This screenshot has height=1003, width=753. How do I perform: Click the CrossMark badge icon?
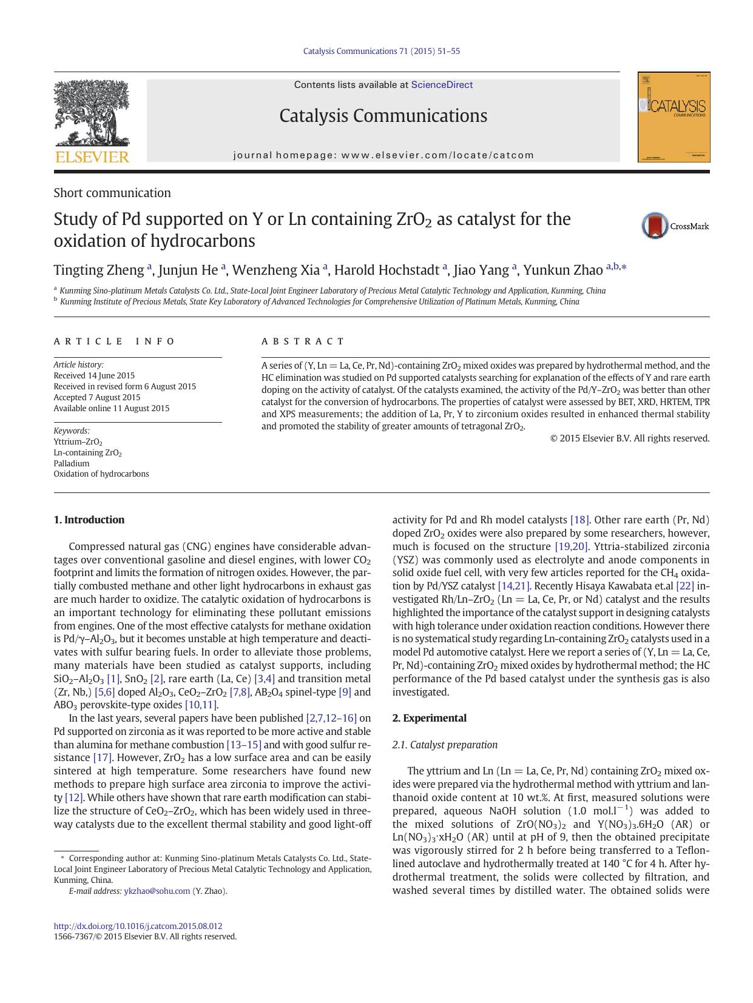[x=655, y=226]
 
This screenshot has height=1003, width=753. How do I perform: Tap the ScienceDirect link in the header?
[x=442, y=85]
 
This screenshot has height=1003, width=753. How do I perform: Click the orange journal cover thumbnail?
[x=674, y=117]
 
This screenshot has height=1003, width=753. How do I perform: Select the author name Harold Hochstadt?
[x=387, y=270]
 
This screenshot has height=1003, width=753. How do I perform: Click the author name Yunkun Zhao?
[x=563, y=270]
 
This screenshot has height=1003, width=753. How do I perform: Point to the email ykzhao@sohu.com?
[x=157, y=891]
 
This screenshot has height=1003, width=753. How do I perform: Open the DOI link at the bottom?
[x=138, y=926]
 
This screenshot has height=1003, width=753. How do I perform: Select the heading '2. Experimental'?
[x=429, y=718]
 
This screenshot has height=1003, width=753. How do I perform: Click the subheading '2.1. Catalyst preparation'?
[x=445, y=745]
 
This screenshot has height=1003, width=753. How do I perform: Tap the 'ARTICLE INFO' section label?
[x=114, y=341]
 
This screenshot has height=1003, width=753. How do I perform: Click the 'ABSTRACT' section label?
[x=303, y=341]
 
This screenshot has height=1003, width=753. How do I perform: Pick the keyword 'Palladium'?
[x=72, y=463]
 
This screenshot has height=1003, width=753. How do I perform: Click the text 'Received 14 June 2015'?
[x=94, y=375]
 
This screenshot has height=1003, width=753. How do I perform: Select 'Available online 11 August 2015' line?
[x=112, y=408]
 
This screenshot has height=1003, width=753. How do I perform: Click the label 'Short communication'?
[x=112, y=193]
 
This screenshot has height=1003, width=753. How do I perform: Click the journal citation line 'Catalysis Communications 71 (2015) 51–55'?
[x=381, y=51]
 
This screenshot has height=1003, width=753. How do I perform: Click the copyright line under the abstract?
[x=629, y=438]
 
